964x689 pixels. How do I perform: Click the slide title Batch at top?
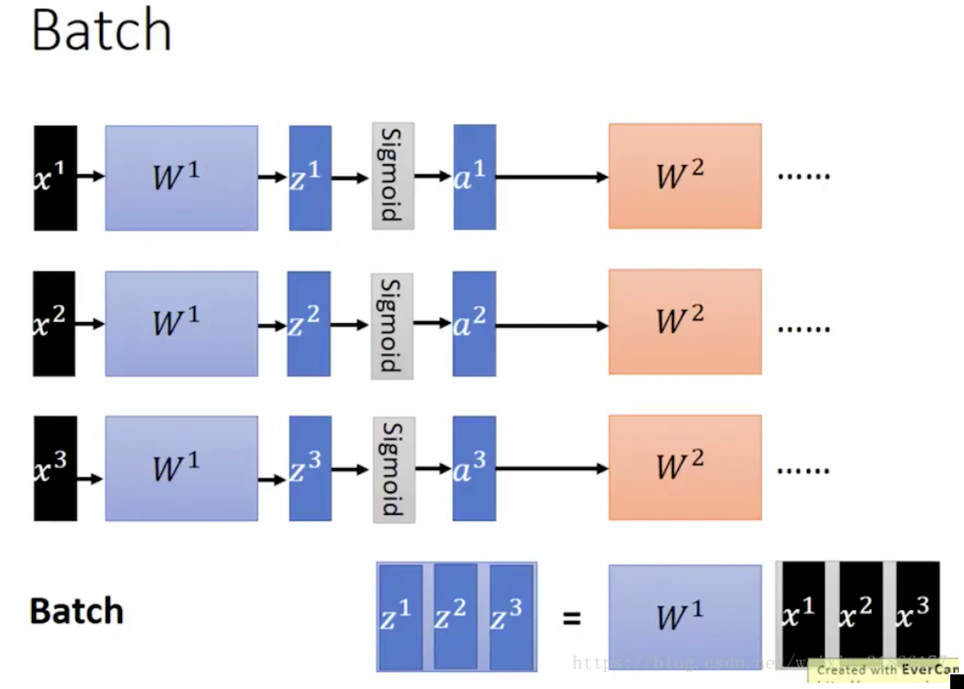click(101, 31)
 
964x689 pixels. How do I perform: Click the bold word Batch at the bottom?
click(76, 612)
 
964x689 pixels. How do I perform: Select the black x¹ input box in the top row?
click(55, 178)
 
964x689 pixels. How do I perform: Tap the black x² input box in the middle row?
click(54, 324)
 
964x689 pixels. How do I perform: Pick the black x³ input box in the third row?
click(55, 468)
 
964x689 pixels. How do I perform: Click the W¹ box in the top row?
click(181, 178)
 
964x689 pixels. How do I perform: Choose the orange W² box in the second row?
click(685, 322)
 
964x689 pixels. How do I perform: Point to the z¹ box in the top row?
click(310, 178)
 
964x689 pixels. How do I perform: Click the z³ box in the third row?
click(310, 468)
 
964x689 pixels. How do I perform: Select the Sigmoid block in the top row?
click(393, 175)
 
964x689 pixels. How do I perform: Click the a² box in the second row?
click(473, 324)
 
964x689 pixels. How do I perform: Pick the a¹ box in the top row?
click(474, 177)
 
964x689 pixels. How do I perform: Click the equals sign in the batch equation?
click(571, 617)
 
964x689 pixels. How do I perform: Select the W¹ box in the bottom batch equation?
click(685, 616)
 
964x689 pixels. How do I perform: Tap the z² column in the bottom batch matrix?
click(455, 616)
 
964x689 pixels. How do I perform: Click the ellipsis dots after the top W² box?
click(803, 176)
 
